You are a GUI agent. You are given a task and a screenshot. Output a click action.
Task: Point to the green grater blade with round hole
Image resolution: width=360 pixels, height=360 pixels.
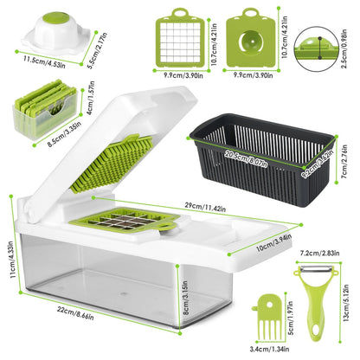coord(251,35)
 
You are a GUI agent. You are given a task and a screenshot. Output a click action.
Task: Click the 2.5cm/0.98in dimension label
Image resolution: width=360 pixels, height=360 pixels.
coord(350,44)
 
